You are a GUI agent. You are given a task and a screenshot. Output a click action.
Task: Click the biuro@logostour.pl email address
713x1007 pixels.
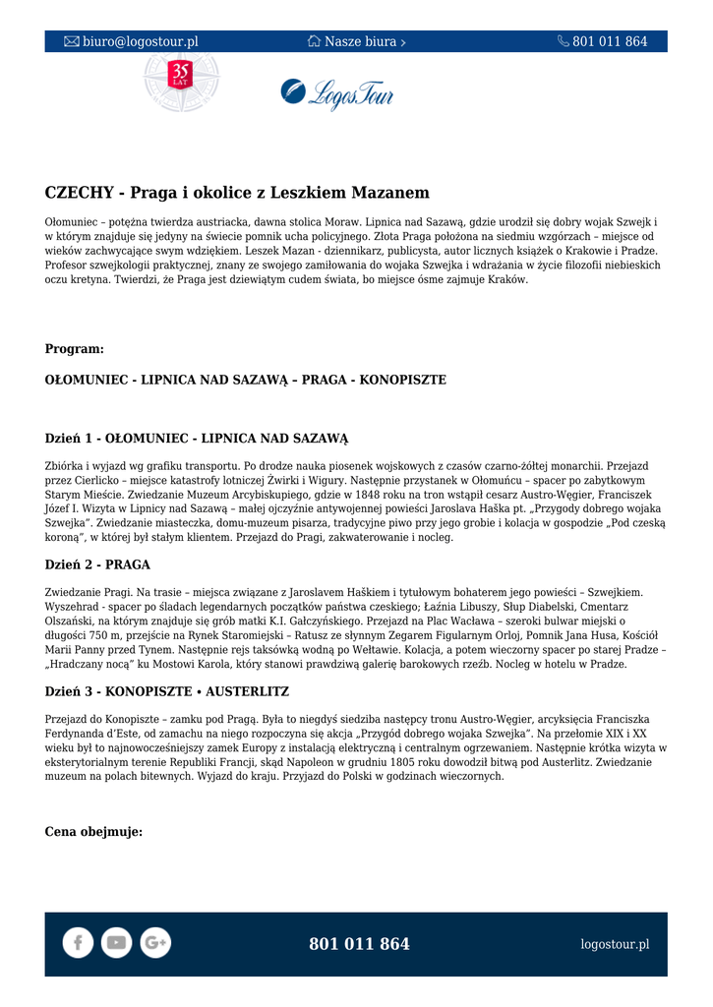coord(140,41)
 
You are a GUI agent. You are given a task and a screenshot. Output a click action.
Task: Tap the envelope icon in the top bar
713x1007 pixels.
coord(72,41)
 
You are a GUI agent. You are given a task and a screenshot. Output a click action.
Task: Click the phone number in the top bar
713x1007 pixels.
coord(610,41)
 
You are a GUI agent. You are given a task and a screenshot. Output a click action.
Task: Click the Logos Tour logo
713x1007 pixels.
coord(337,94)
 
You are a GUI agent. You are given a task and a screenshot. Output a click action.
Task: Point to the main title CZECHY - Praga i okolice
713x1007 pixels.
coord(237,193)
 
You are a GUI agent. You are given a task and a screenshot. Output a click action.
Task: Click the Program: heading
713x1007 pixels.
coord(75,349)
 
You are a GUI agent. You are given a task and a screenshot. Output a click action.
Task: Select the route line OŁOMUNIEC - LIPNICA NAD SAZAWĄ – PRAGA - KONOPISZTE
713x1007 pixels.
coord(245,380)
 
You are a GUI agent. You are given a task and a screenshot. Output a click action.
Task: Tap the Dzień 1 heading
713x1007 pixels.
coord(197,439)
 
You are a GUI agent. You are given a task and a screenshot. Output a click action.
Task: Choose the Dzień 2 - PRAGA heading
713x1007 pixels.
coord(97,564)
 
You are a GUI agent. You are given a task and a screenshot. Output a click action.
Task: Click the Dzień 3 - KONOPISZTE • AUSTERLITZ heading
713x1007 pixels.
coord(167,691)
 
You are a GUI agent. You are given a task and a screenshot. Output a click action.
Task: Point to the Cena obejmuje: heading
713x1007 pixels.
coord(93,832)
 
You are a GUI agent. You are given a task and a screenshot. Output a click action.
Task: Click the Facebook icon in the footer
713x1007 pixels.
coord(78,942)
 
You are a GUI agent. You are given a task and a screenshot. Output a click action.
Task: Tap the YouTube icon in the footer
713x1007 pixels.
coord(116,942)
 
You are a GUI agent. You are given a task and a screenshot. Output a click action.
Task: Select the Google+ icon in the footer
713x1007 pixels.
coord(154,942)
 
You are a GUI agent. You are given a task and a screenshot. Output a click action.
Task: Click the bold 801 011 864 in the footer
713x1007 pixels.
coord(359,944)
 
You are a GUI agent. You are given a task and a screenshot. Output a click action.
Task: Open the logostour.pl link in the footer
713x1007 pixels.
coord(615,944)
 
